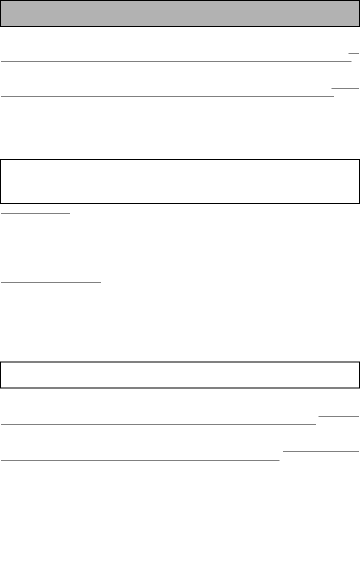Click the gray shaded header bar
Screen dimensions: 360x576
[180, 13]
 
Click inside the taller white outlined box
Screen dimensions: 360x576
[180, 181]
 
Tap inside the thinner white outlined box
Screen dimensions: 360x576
[180, 374]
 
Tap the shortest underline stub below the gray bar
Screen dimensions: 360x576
[354, 51]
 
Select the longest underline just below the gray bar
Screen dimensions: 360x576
[176, 61]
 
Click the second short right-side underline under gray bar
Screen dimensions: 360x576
[345, 88]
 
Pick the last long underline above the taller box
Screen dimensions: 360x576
[167, 96]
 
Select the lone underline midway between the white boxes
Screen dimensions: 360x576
[51, 282]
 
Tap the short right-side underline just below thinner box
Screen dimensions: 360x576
[338, 415]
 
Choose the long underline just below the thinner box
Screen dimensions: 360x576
[158, 424]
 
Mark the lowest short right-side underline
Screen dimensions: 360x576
[321, 451]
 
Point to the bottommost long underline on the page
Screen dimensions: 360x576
[140, 460]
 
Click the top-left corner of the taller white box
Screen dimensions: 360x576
[1, 160]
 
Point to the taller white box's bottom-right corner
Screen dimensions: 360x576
[359, 203]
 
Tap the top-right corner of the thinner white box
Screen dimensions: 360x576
[359, 362]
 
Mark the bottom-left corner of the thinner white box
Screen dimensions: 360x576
[1, 387]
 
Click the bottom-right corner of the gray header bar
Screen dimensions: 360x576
[359, 26]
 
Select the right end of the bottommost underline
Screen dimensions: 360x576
[279, 460]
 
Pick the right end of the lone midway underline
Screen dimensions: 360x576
[101, 282]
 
